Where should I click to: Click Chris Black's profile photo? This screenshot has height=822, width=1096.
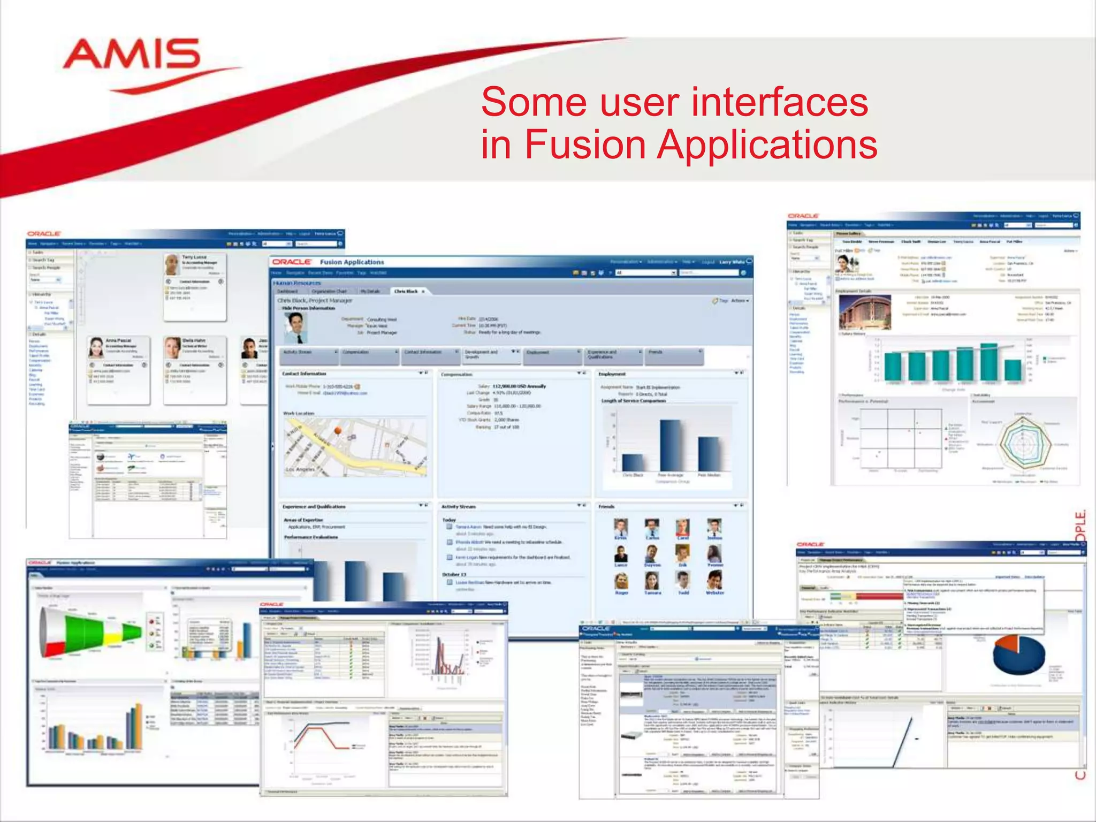(295, 327)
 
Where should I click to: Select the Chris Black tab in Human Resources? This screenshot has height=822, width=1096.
(406, 291)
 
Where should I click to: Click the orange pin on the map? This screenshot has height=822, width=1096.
(338, 431)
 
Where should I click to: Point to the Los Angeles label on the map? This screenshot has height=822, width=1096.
(300, 469)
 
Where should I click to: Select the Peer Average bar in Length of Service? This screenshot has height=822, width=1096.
(671, 445)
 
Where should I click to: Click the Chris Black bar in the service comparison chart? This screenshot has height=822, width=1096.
(633, 462)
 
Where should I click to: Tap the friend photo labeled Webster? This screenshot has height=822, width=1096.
(714, 580)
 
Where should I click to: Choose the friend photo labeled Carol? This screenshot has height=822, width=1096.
(682, 527)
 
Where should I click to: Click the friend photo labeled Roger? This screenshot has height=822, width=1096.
(621, 581)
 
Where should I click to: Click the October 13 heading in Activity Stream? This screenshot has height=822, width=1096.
(454, 574)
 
